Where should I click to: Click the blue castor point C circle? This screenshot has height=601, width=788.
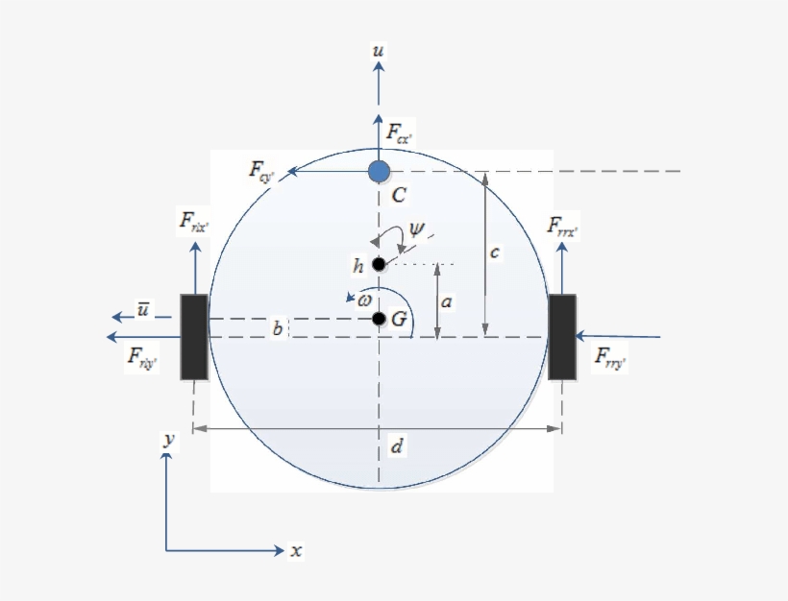pos(380,172)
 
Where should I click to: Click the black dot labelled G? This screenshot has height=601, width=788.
pos(380,319)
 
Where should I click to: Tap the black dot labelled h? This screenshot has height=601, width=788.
pos(379,264)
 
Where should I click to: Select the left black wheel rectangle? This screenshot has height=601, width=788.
pos(194,337)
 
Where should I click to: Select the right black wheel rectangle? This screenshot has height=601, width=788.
pos(562,337)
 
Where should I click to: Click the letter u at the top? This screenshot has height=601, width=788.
pos(380,49)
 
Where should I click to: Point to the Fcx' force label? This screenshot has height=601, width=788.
pos(399,132)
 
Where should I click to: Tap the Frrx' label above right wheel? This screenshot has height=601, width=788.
pos(562,228)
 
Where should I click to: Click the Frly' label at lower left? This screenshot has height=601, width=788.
pos(142,358)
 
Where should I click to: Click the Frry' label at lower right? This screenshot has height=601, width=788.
pos(611,359)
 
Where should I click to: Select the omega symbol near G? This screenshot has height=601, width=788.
pos(364,300)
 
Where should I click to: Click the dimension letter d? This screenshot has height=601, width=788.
pos(397,446)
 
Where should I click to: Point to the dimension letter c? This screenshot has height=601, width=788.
pos(494,252)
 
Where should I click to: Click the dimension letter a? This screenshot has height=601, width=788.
pos(447,300)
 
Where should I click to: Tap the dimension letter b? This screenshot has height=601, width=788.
pos(277,329)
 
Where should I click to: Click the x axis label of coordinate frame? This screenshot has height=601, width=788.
pos(297,551)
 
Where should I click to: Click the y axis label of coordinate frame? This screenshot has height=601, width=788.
pos(168,439)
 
